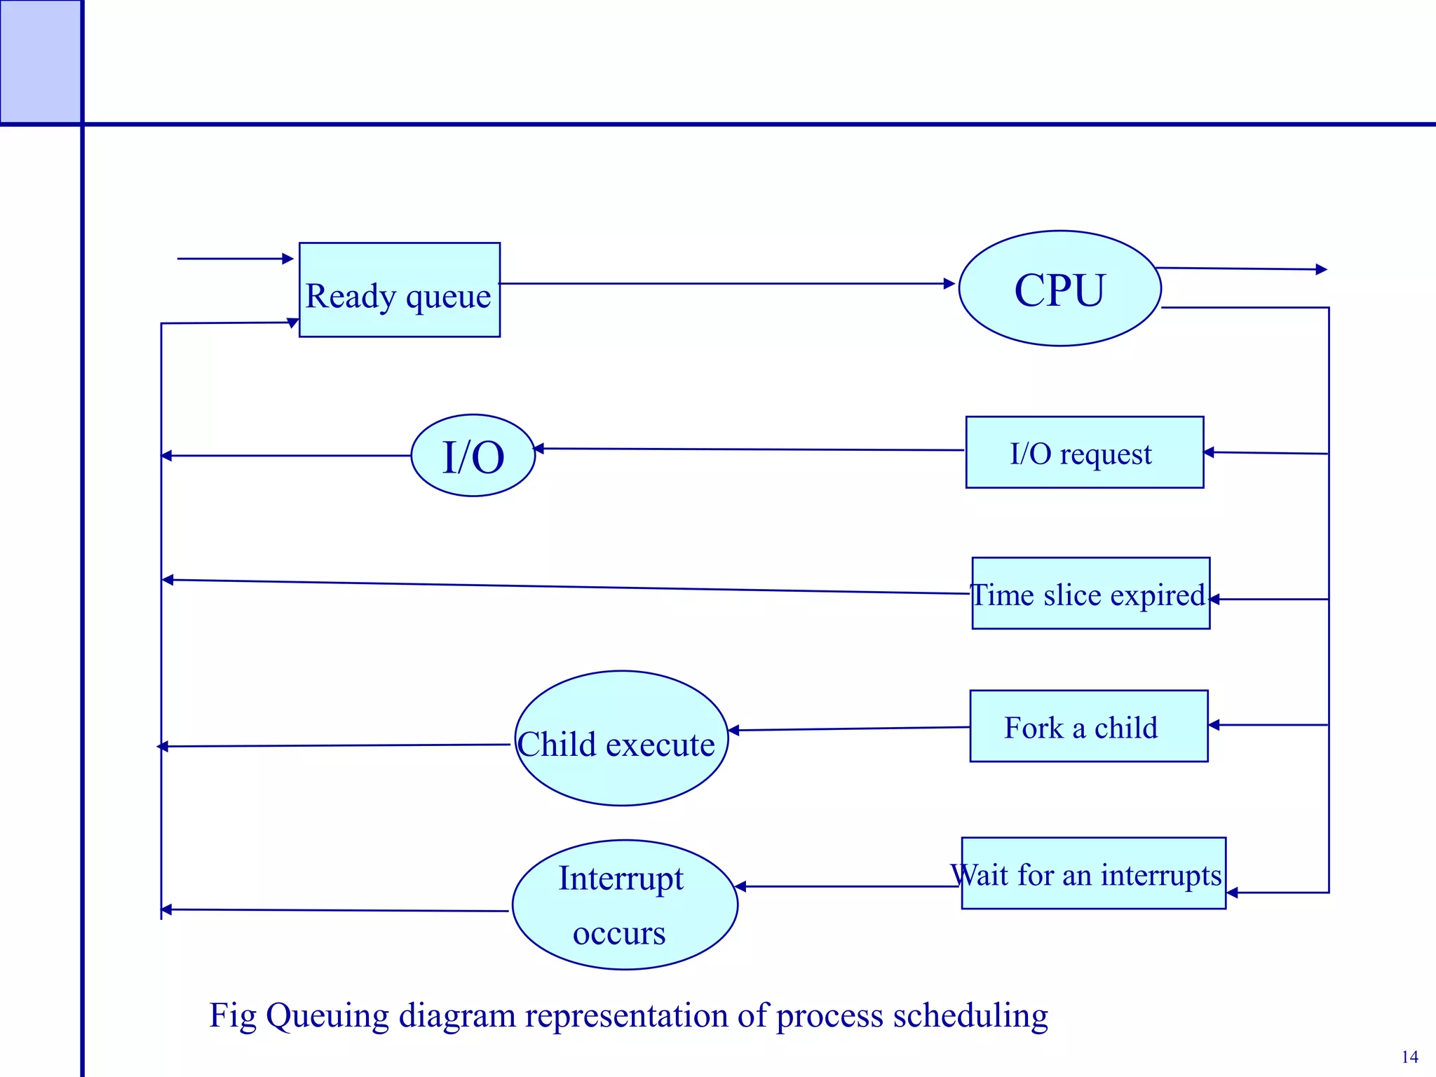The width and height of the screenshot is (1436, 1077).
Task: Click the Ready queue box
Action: click(x=400, y=290)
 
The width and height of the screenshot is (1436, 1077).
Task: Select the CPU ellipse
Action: click(x=1059, y=289)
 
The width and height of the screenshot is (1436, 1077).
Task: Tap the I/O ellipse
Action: click(x=473, y=456)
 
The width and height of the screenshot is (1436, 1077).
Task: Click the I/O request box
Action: click(x=1084, y=453)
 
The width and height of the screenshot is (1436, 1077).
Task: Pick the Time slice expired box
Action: click(x=1090, y=594)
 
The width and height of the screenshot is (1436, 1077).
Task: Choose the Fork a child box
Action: click(x=1088, y=726)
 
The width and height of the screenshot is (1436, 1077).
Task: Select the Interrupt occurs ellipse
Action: click(x=624, y=905)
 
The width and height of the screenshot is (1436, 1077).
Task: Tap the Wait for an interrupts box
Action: click(x=1093, y=874)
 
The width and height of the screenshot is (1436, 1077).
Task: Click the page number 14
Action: click(x=1409, y=1057)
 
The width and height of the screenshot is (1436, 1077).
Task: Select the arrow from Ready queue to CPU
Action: click(x=726, y=284)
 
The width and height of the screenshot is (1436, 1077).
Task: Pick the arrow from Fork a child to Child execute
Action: click(x=848, y=729)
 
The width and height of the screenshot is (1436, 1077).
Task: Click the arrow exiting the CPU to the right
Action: click(x=1241, y=269)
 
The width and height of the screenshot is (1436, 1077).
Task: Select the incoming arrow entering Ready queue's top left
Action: click(x=235, y=259)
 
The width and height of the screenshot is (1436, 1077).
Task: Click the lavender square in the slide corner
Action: click(x=40, y=62)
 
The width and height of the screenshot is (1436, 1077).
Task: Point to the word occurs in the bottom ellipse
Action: click(x=619, y=933)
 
